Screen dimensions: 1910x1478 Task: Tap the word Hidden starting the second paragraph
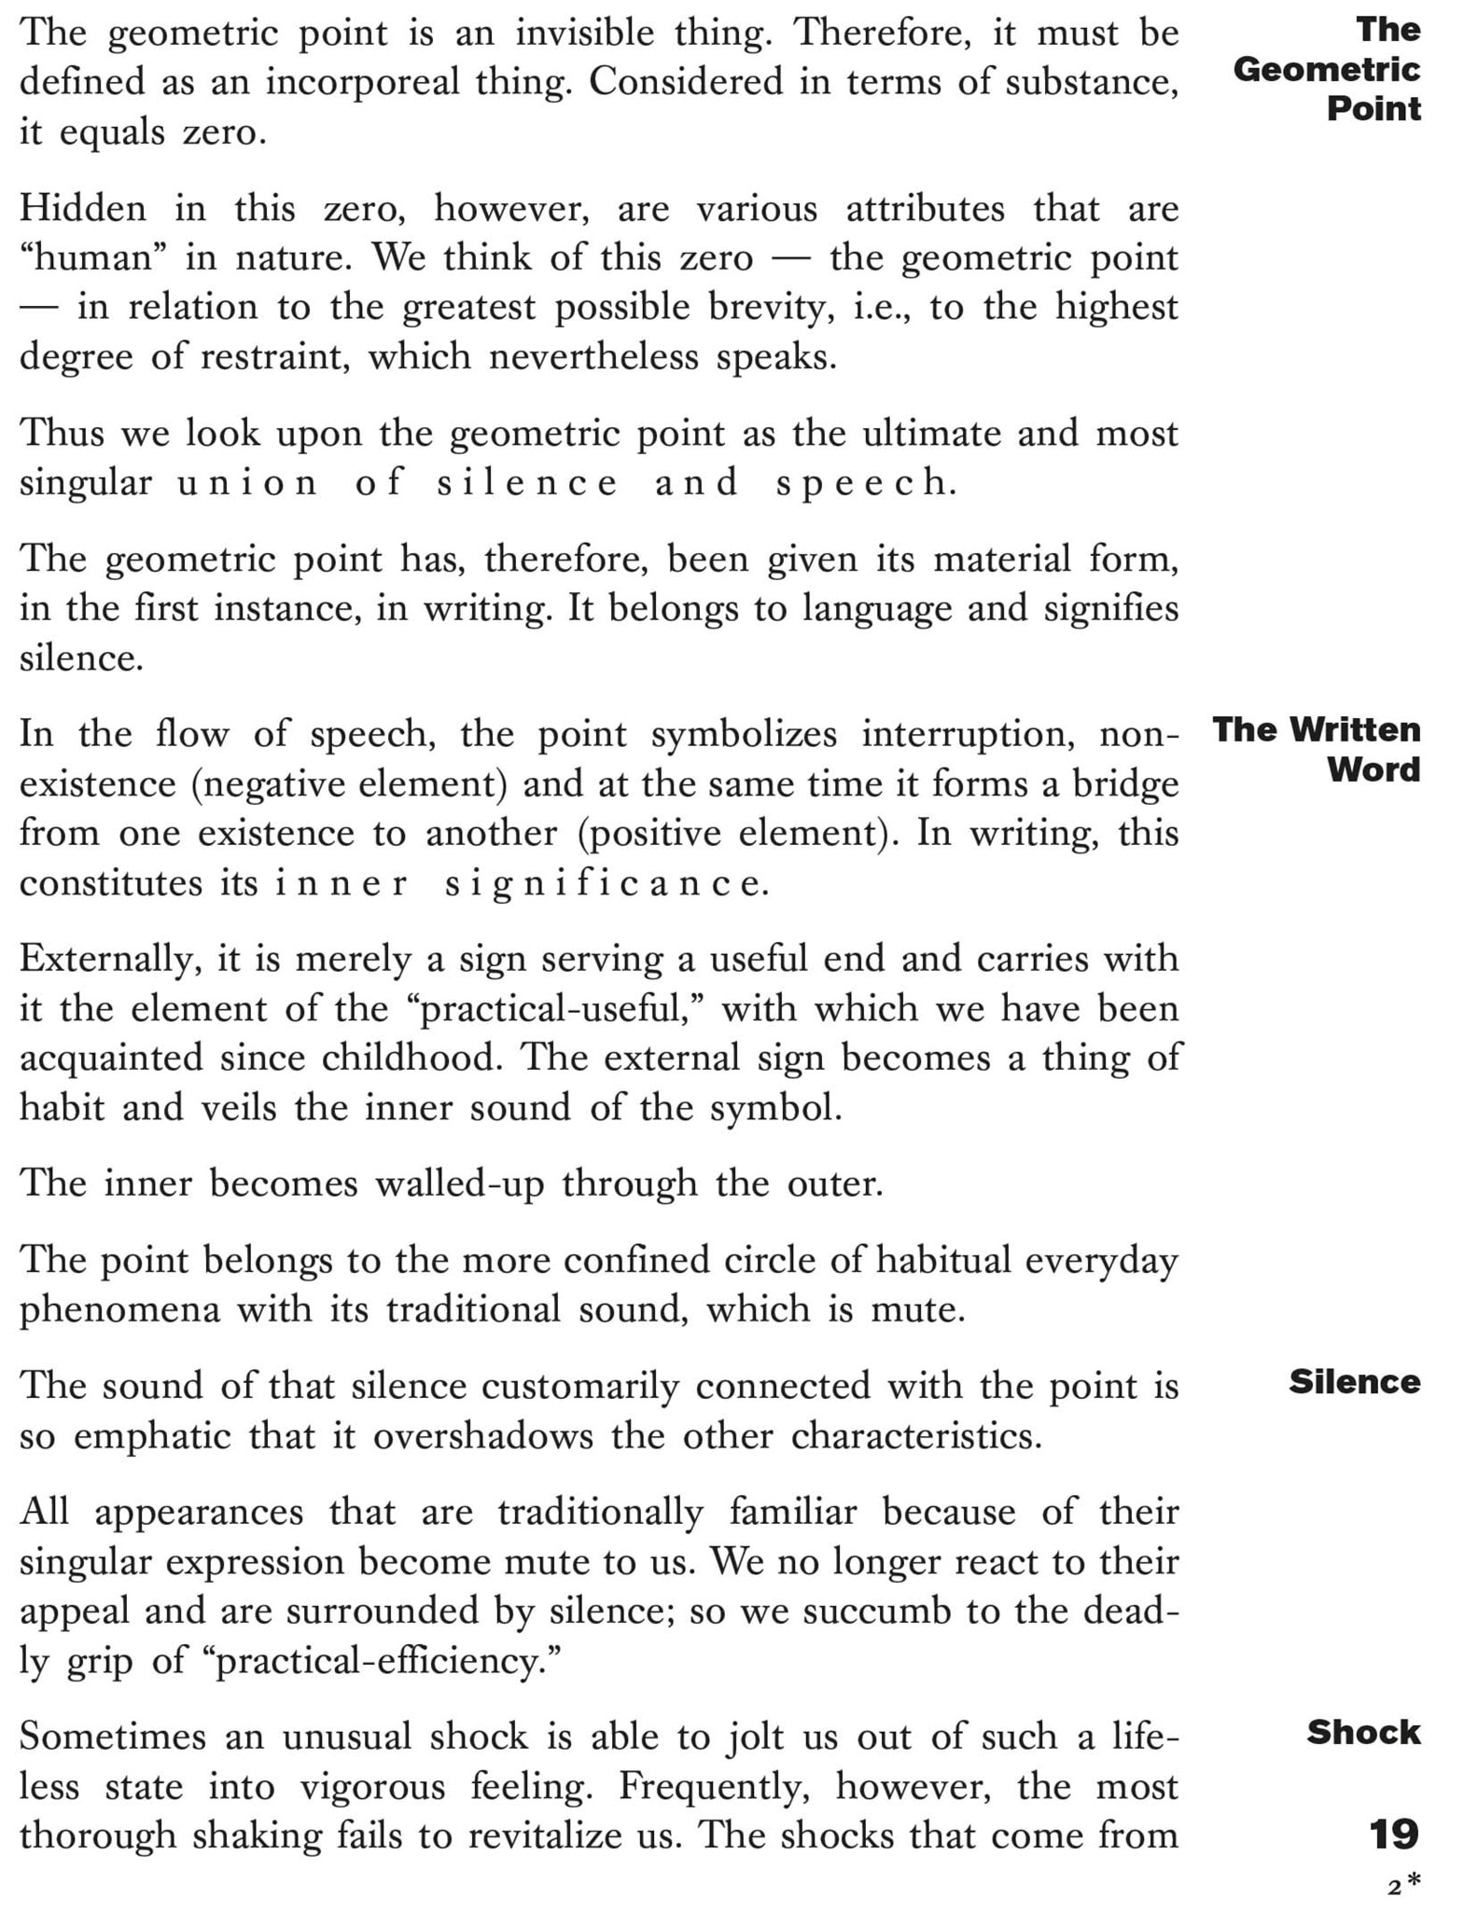coord(83,208)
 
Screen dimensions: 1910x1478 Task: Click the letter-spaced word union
coord(248,483)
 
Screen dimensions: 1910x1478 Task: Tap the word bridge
coord(1124,783)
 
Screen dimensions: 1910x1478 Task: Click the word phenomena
coord(120,1310)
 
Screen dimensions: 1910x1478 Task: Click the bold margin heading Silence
coord(1354,1382)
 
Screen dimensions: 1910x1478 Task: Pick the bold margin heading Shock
coord(1363,1733)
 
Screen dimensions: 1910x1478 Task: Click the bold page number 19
coord(1394,1834)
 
